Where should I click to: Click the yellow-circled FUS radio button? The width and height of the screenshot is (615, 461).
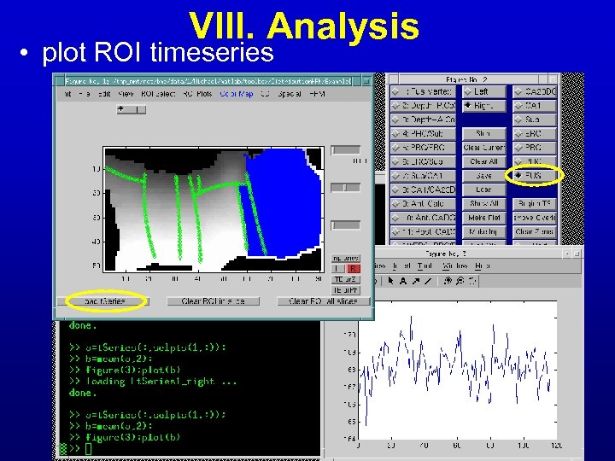[x=534, y=176]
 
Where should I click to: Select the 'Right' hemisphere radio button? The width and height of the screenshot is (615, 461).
[x=483, y=106]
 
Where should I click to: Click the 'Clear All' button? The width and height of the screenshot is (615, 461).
[x=483, y=161]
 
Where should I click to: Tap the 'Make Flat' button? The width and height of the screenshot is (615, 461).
[x=483, y=218]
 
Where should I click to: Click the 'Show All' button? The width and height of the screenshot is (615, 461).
[x=483, y=203]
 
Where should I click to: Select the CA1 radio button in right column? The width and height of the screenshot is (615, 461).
[x=534, y=106]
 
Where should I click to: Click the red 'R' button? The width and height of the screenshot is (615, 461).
[x=353, y=268]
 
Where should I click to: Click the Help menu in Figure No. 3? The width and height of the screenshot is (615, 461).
[x=483, y=266]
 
